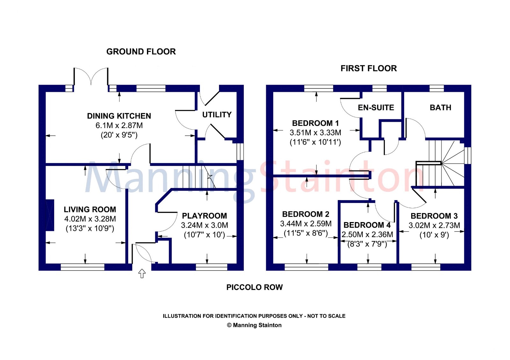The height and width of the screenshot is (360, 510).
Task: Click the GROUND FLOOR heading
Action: tap(141, 52)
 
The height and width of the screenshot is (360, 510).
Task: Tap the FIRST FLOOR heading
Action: tap(368, 68)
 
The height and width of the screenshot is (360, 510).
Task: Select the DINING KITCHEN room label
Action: tap(119, 116)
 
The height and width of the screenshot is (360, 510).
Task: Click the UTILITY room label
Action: tap(217, 114)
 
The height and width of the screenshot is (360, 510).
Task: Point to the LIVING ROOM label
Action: tap(90, 209)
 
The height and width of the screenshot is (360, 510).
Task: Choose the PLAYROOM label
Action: tap(204, 215)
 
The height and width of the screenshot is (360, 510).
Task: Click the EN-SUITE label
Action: tap(376, 107)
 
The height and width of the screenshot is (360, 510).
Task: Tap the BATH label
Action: tap(441, 107)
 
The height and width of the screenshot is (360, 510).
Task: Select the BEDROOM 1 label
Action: tap(315, 123)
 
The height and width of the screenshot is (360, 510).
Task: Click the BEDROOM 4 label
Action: tap(367, 225)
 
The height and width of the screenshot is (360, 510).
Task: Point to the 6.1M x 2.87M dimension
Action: tap(119, 126)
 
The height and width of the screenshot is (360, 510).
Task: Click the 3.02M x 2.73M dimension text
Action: tap(434, 225)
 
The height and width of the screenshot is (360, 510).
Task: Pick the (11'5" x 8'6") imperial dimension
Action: tap(306, 233)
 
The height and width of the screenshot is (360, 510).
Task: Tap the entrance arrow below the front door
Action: tap(142, 273)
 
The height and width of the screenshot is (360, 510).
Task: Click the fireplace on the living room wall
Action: tap(50, 215)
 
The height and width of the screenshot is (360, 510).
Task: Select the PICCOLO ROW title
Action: tap(255, 287)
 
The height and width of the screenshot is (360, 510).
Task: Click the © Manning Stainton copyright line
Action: tap(254, 325)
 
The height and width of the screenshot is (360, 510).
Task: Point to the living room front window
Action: tap(83, 267)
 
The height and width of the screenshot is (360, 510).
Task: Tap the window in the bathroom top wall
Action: tap(437, 88)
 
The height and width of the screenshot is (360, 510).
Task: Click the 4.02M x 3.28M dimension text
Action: tap(90, 219)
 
